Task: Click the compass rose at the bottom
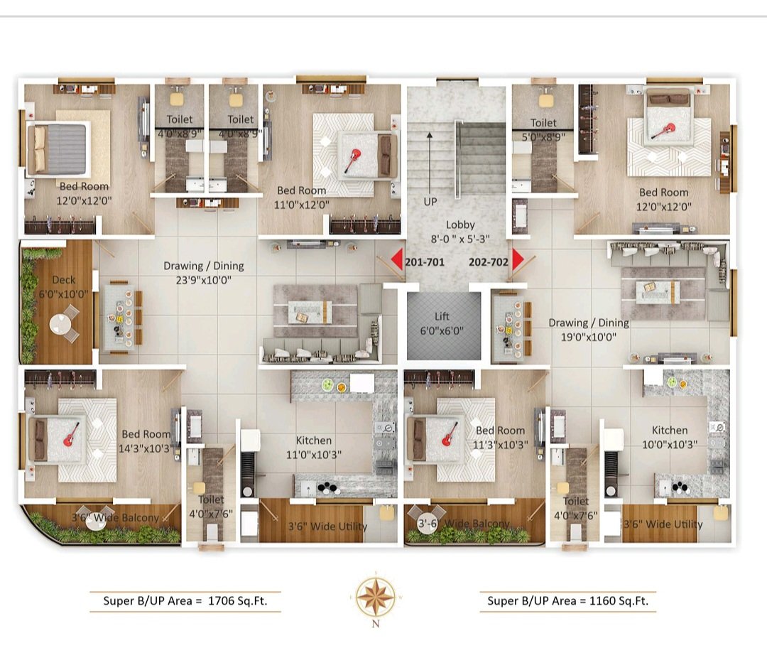tap(375, 597)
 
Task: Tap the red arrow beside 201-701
tap(397, 259)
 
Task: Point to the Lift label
tap(442, 323)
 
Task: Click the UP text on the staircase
tap(430, 201)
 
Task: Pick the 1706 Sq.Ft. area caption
tap(185, 600)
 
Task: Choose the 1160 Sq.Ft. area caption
tap(568, 600)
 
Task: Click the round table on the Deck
tap(60, 324)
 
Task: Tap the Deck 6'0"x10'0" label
tap(64, 287)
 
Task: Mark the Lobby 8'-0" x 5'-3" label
tap(459, 232)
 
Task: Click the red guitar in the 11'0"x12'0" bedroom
tap(352, 160)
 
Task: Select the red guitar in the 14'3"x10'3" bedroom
tap(72, 435)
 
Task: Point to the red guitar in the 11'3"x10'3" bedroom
tap(450, 434)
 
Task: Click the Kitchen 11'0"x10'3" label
tap(314, 448)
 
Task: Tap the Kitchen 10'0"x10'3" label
tap(670, 437)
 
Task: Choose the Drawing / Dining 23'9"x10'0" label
tap(204, 273)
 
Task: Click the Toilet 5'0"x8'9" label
tap(543, 130)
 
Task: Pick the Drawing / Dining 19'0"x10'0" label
tap(589, 330)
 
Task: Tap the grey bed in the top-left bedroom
tap(58, 149)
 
